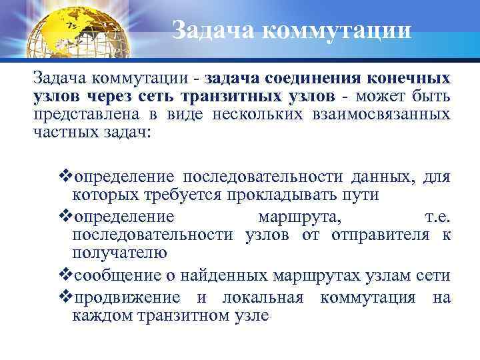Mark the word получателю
tap(119, 252)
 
